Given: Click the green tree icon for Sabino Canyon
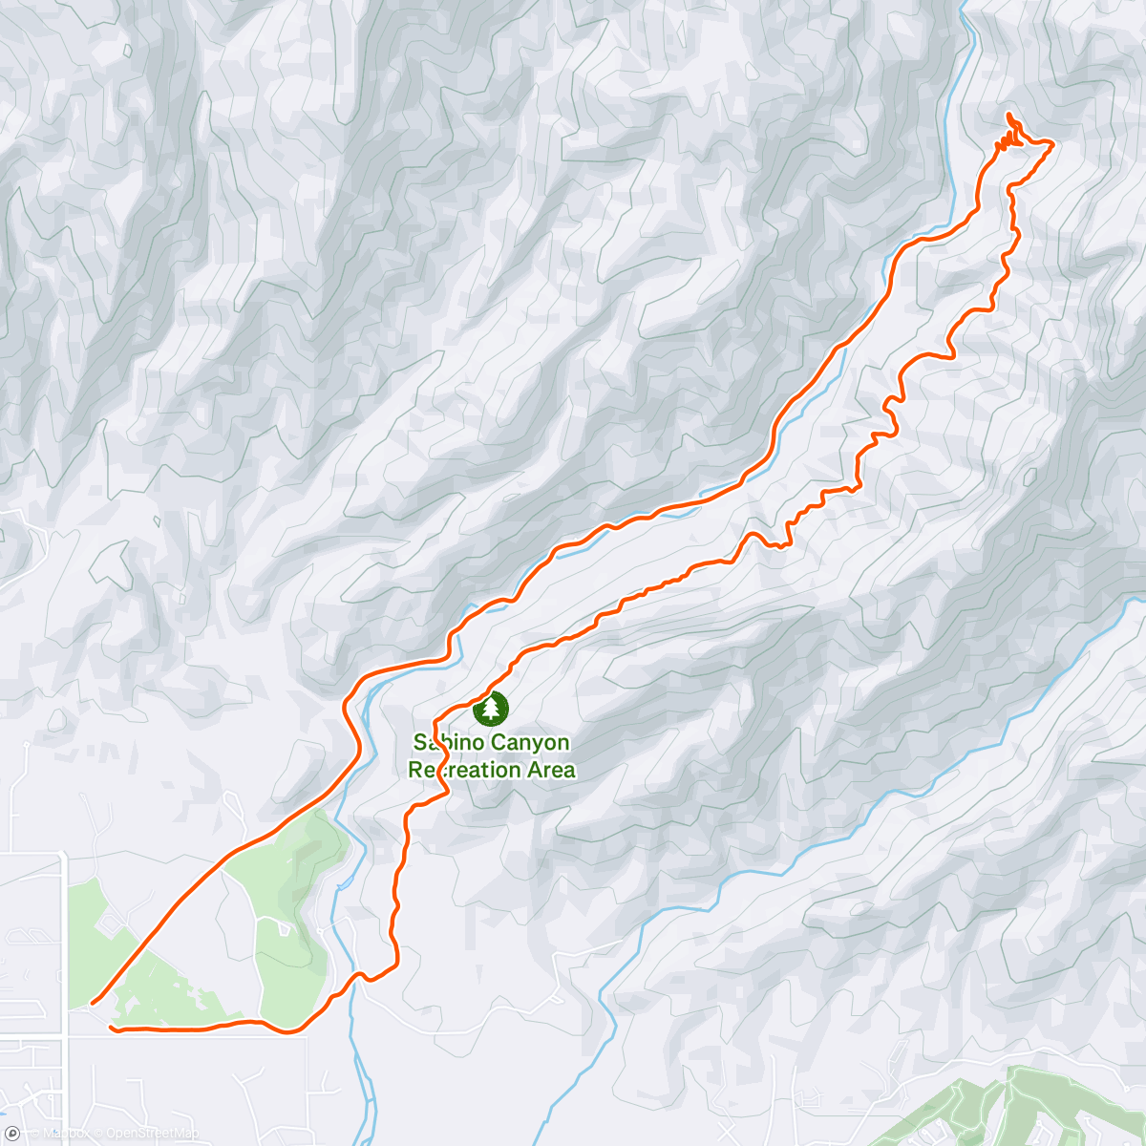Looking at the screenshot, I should [x=491, y=708].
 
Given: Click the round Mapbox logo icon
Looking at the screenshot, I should [x=11, y=1134].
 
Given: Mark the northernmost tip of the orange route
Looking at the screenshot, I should [x=1008, y=115].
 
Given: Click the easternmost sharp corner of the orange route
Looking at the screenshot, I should [x=1051, y=143].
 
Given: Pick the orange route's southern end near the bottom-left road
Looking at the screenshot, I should [x=113, y=1028].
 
